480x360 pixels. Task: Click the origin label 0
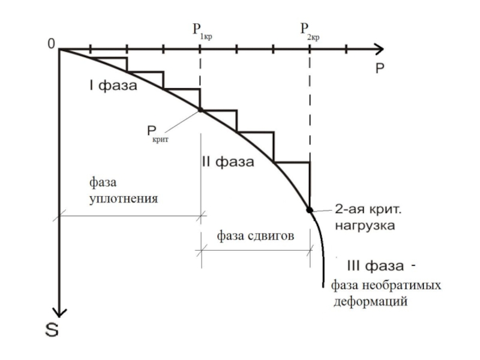click(x=51, y=44)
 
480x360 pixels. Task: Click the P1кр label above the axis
click(x=202, y=30)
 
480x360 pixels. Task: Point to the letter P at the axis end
click(x=380, y=68)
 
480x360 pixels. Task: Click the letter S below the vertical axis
click(x=52, y=328)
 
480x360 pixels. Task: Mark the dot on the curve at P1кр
click(x=200, y=110)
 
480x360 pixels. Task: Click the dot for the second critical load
click(x=310, y=210)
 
